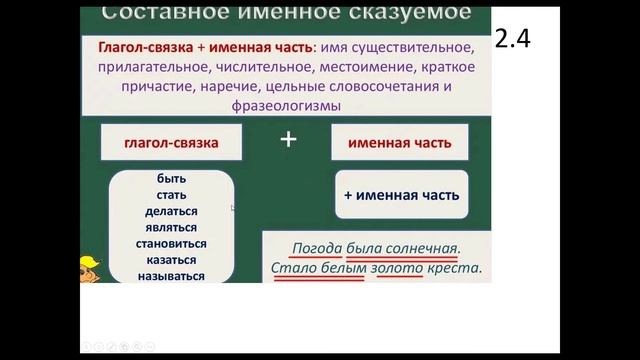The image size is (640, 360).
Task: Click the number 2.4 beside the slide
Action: click(x=512, y=39)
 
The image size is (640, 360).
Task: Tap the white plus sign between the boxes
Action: click(x=289, y=140)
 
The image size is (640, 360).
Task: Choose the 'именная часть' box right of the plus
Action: click(x=400, y=143)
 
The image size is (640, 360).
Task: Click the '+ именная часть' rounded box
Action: click(x=400, y=195)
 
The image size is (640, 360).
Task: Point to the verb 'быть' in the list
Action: click(x=171, y=178)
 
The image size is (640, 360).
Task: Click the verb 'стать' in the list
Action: click(x=171, y=195)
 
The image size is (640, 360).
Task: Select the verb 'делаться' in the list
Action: click(x=171, y=211)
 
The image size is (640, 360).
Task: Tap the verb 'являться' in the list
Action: click(x=171, y=227)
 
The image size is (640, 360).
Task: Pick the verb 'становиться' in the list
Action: click(x=171, y=243)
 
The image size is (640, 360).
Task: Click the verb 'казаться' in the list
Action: click(x=171, y=260)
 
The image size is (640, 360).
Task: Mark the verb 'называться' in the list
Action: click(x=171, y=276)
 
